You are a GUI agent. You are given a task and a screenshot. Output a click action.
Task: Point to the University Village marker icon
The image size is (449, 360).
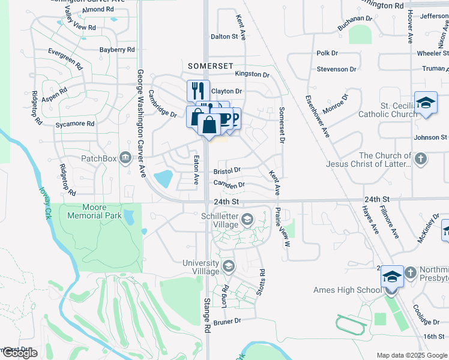[x=228, y=266]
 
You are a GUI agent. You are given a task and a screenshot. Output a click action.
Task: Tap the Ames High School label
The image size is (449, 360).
[x=346, y=290]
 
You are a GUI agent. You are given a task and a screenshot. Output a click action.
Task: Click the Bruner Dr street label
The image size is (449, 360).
[x=227, y=322]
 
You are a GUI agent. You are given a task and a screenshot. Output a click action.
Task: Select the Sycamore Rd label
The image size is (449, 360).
[x=75, y=124]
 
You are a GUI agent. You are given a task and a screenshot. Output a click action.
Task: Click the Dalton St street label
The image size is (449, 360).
[x=224, y=37]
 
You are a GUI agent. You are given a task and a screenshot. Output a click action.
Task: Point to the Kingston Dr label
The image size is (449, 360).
[x=253, y=74]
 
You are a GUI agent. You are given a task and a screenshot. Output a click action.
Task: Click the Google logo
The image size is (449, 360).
[x=19, y=353]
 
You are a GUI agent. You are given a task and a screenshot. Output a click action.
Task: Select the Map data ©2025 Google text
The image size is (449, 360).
[x=412, y=355]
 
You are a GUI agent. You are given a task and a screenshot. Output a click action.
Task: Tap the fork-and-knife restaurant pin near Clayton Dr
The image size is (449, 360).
[x=198, y=91]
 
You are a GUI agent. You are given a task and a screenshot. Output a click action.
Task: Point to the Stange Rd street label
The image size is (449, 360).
[x=208, y=315]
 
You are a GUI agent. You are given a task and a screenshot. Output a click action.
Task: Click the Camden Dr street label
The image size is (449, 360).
[x=229, y=184]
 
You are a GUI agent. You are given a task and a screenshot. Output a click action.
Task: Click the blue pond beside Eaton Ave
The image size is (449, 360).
[x=163, y=178]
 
